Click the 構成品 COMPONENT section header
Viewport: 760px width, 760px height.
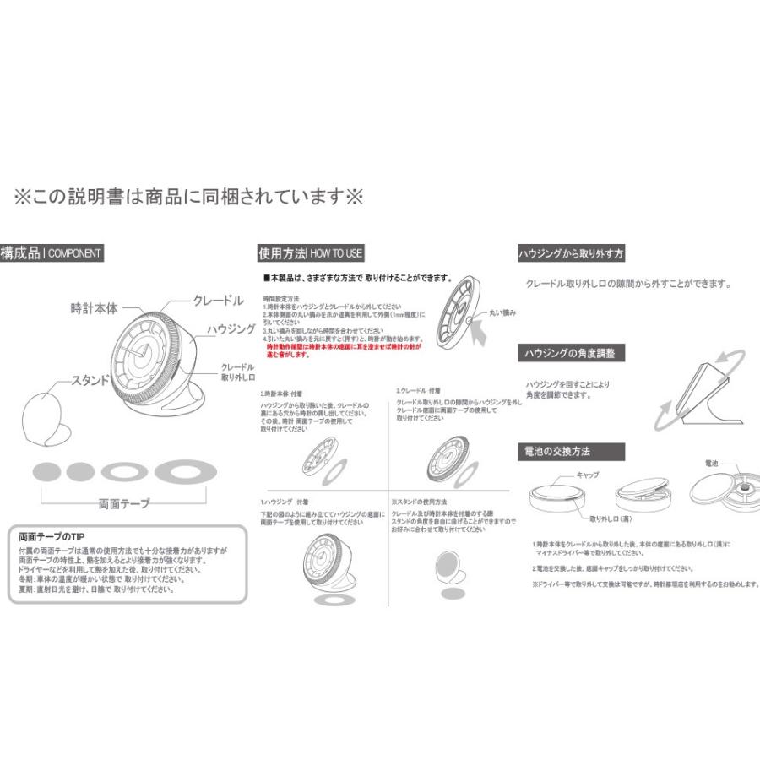point(52,252)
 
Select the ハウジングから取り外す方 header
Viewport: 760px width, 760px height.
point(571,253)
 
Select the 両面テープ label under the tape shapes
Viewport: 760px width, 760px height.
point(124,503)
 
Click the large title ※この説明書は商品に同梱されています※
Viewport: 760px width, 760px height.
point(187,198)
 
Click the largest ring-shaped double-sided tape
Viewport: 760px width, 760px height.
point(185,471)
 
